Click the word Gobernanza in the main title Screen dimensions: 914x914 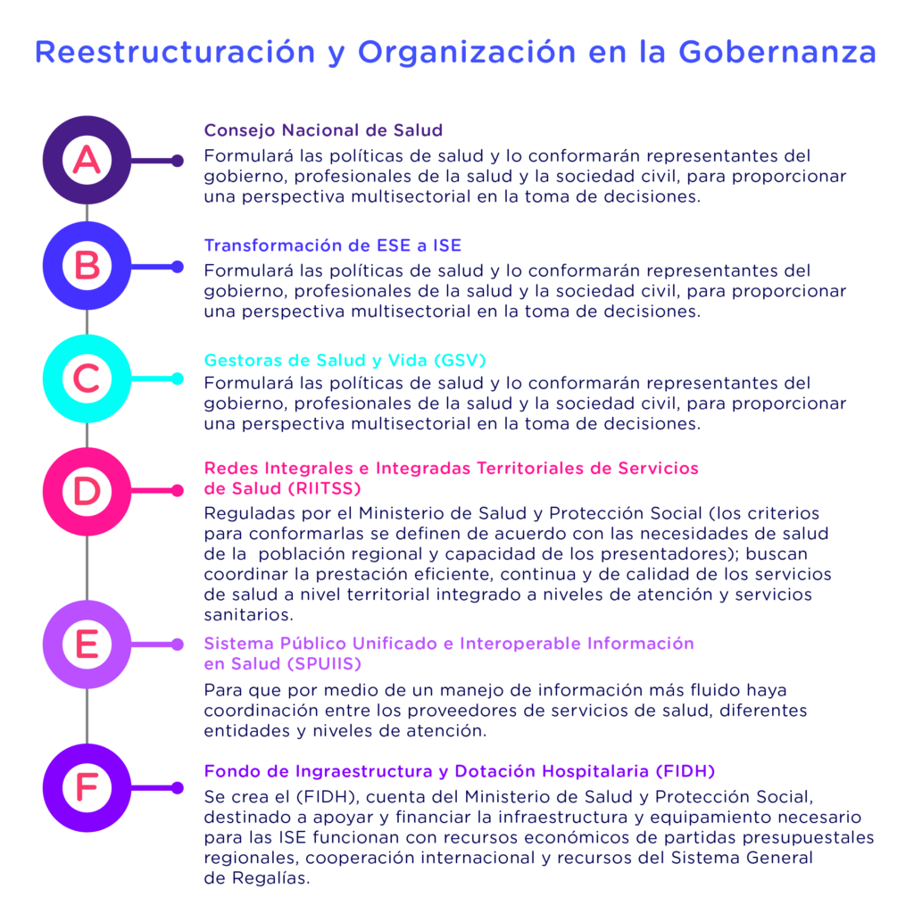point(777,52)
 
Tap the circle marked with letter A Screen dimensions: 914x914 point(87,160)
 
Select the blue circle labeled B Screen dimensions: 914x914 point(87,266)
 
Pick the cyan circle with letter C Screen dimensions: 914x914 point(87,378)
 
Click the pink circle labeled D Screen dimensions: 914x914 point(87,492)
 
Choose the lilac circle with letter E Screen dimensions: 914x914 point(87,644)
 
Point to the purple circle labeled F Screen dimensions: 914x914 point(87,787)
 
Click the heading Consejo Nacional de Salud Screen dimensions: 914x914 point(323,130)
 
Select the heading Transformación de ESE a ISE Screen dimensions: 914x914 point(332,245)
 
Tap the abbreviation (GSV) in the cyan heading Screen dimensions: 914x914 point(460,361)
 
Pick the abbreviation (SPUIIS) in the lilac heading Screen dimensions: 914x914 point(325,663)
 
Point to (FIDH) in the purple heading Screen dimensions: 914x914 point(685,771)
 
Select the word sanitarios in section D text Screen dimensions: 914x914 point(249,614)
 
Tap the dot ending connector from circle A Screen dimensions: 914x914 point(178,161)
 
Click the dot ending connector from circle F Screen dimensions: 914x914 point(178,788)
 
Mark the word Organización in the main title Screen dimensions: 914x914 point(467,53)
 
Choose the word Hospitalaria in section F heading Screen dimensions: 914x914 point(595,771)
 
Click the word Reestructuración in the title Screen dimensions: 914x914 point(175,52)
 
